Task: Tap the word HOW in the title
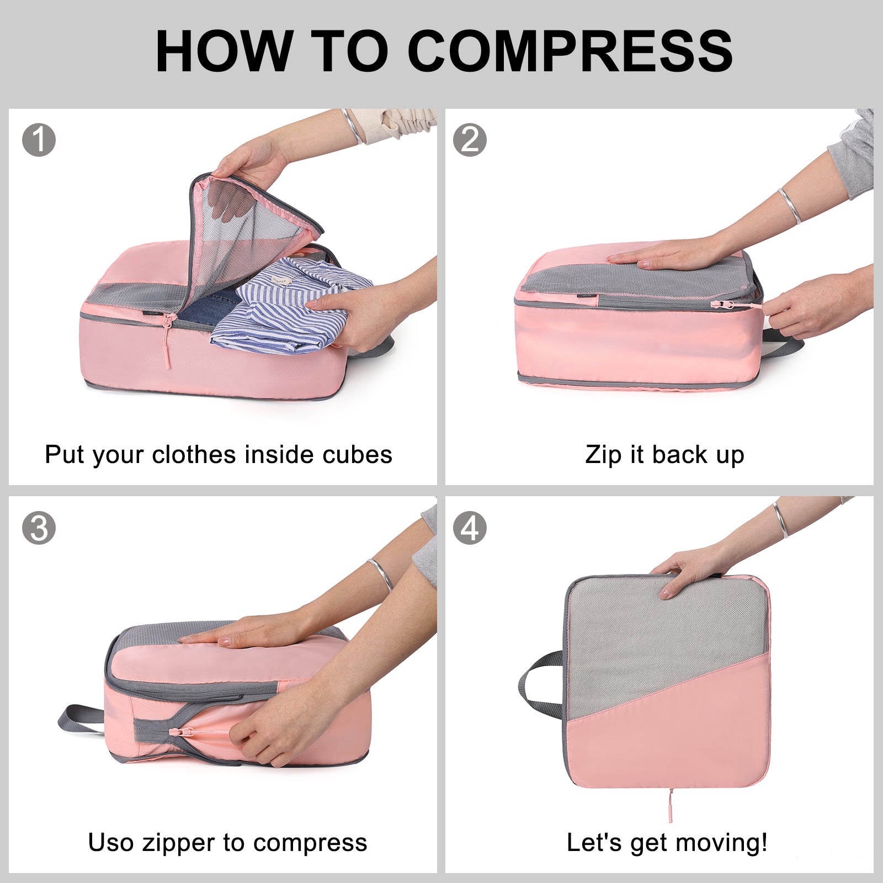click(224, 51)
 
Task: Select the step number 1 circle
click(39, 140)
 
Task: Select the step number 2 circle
click(470, 140)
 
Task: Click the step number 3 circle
click(39, 528)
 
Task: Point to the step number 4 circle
click(470, 528)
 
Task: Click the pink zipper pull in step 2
click(734, 305)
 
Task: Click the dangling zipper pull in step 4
click(671, 805)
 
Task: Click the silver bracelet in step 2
click(790, 206)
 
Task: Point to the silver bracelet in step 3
click(381, 574)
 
